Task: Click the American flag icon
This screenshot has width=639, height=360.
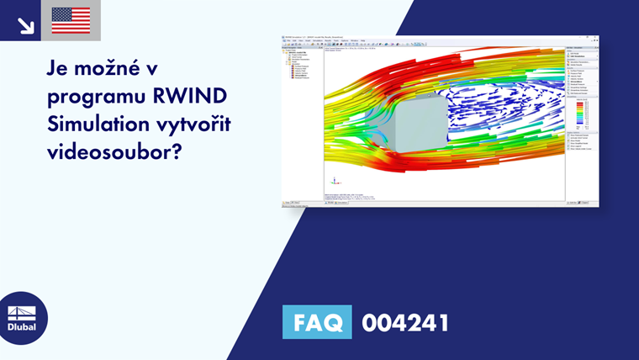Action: pos(71,20)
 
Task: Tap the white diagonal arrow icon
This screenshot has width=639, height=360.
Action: pos(25,23)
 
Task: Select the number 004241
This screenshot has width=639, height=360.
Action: pos(405,322)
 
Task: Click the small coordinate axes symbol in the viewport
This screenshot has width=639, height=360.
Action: pos(335,180)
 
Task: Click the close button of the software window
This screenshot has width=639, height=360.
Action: pos(596,37)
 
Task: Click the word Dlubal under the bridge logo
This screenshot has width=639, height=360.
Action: pos(22,327)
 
